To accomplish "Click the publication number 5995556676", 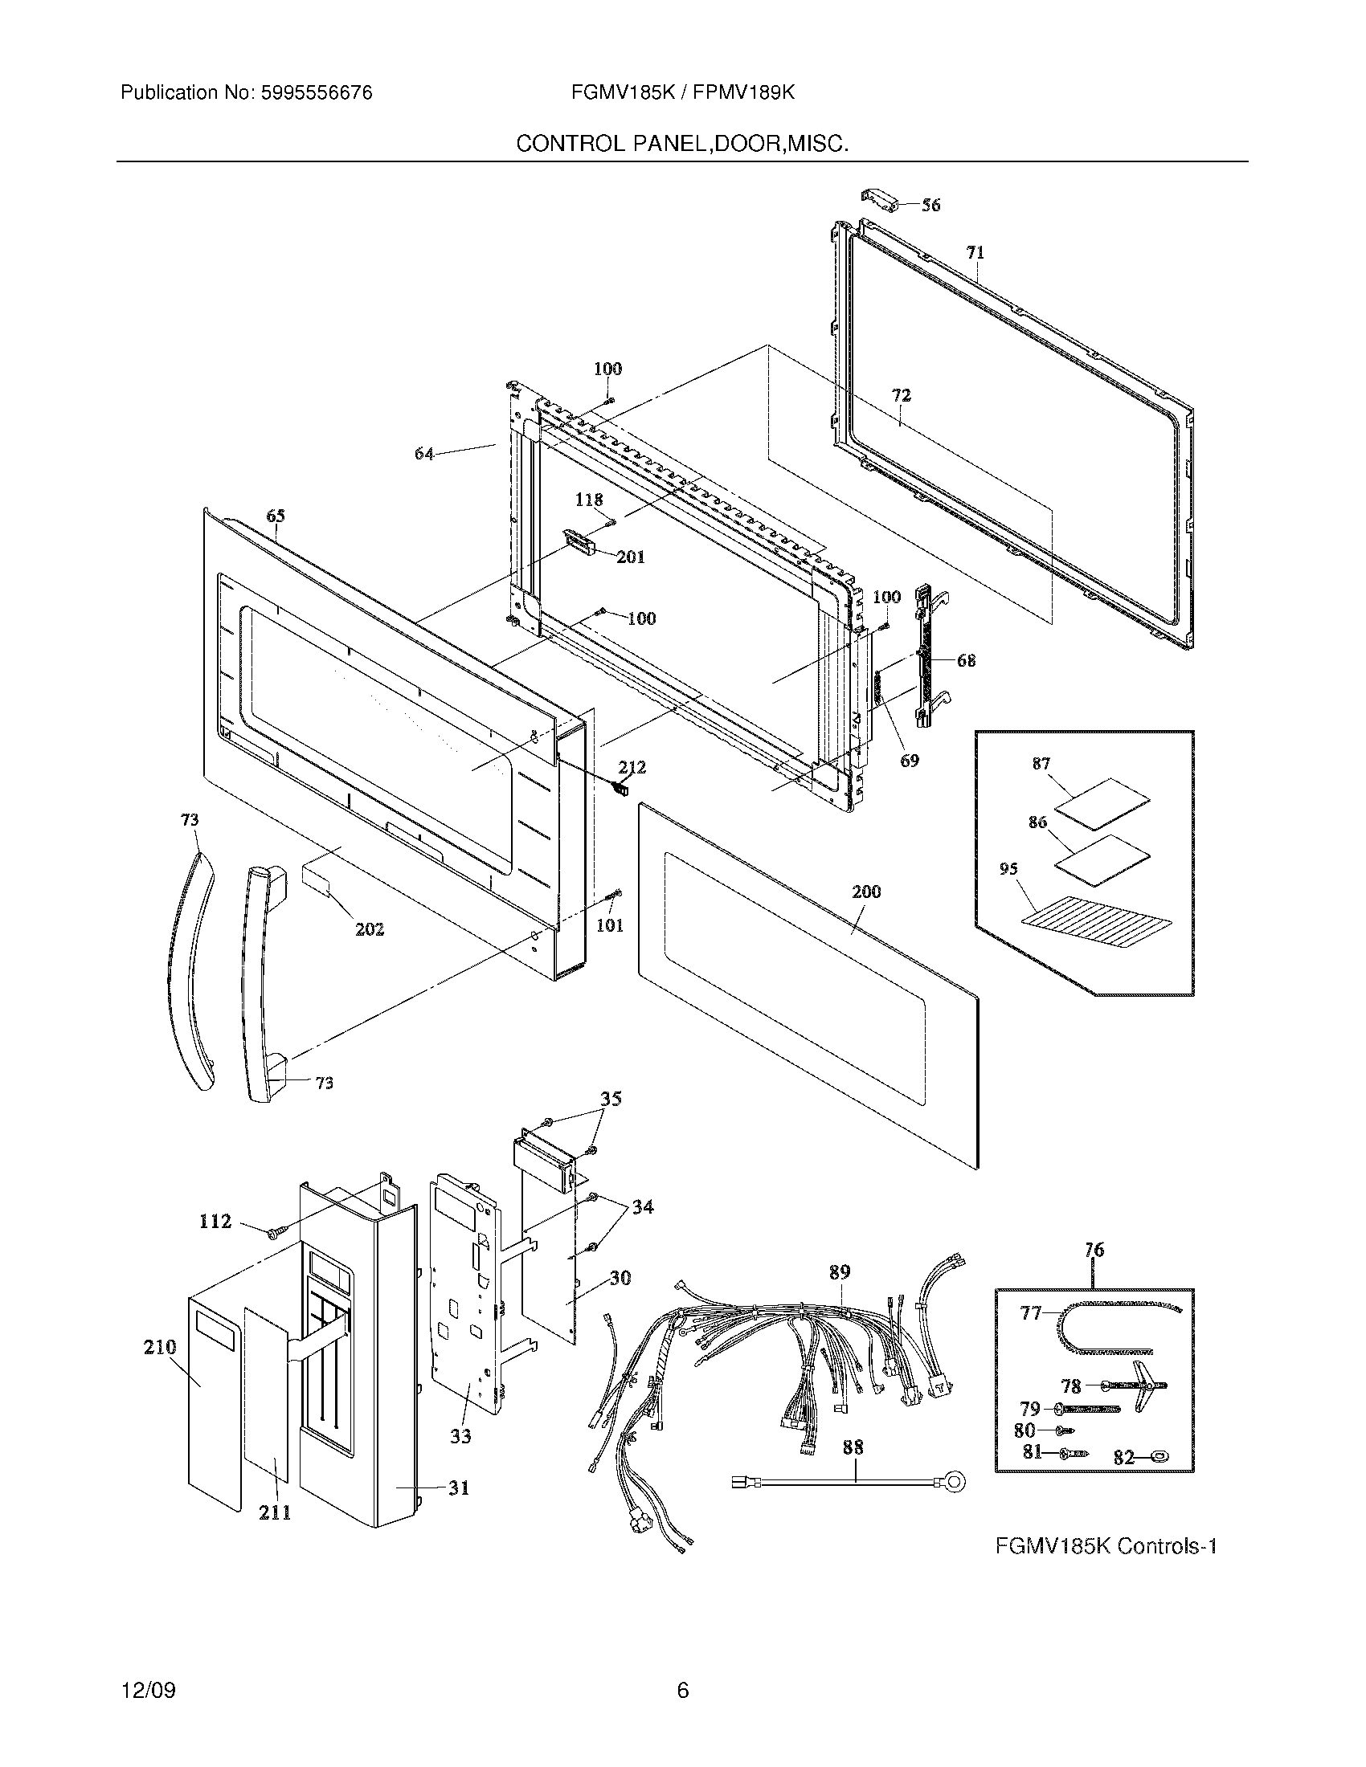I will coord(316,93).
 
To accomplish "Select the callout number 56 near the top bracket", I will coord(930,205).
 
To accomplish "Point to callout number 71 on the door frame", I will coord(975,252).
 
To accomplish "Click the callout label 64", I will coord(424,454).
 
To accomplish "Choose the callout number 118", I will coord(588,500).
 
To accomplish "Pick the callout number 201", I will coord(631,557).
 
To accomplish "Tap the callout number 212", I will coord(632,767).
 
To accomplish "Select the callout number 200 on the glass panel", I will coord(866,892).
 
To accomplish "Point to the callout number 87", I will coord(1041,763).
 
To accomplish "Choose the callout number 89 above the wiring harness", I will coord(839,1272).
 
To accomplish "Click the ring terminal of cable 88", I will coord(955,1482).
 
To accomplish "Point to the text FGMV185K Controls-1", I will coord(1106,1546).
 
